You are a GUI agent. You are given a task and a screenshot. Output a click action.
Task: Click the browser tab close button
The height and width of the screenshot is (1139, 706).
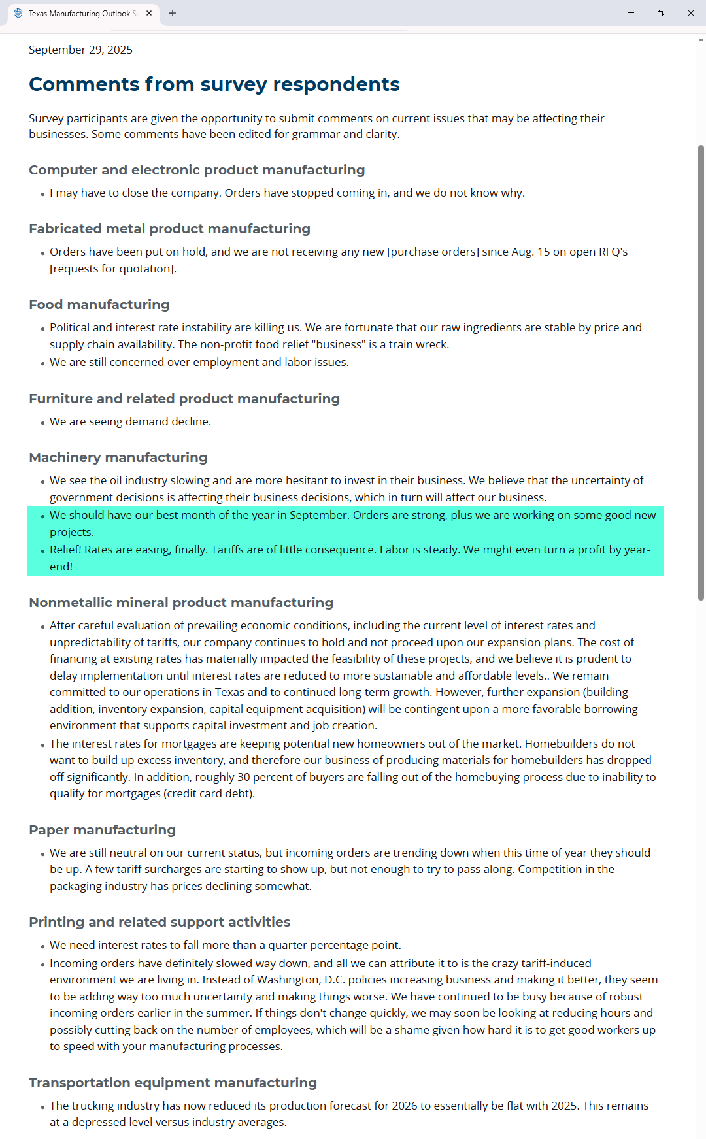[x=149, y=13]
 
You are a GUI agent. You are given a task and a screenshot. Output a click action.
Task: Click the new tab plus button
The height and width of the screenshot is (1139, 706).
[x=173, y=13]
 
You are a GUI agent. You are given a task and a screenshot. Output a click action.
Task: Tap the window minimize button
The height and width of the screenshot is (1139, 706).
[x=631, y=13]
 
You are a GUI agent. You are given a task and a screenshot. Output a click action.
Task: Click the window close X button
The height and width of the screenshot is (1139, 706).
[x=691, y=13]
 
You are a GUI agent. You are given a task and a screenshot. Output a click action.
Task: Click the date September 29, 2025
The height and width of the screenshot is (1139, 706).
[x=80, y=50]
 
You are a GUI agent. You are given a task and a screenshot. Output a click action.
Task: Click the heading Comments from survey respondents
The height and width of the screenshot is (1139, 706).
[x=214, y=84]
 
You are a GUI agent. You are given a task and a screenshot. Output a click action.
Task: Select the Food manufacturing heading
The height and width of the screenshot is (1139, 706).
[x=99, y=305]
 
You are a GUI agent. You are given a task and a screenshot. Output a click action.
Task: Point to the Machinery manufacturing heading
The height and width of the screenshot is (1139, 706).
[x=118, y=457]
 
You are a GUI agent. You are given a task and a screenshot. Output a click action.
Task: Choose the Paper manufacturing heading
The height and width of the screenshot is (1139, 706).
[x=103, y=830]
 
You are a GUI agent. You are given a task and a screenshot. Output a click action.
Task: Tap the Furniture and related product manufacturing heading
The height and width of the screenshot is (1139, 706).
[x=184, y=399]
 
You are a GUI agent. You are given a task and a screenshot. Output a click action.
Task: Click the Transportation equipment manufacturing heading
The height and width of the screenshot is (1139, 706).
[x=173, y=1083]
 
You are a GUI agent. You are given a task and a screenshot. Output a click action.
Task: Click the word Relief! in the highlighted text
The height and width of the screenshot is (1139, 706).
[x=65, y=550]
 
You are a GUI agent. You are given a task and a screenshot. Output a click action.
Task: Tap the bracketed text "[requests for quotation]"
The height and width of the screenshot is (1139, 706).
[x=112, y=269]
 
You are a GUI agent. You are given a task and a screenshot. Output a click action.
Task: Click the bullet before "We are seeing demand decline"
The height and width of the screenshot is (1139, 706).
[x=42, y=423]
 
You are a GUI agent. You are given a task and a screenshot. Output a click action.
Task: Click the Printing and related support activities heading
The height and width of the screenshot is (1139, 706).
[x=160, y=922]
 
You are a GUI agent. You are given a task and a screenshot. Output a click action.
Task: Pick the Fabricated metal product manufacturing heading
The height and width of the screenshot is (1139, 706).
[x=169, y=229]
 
